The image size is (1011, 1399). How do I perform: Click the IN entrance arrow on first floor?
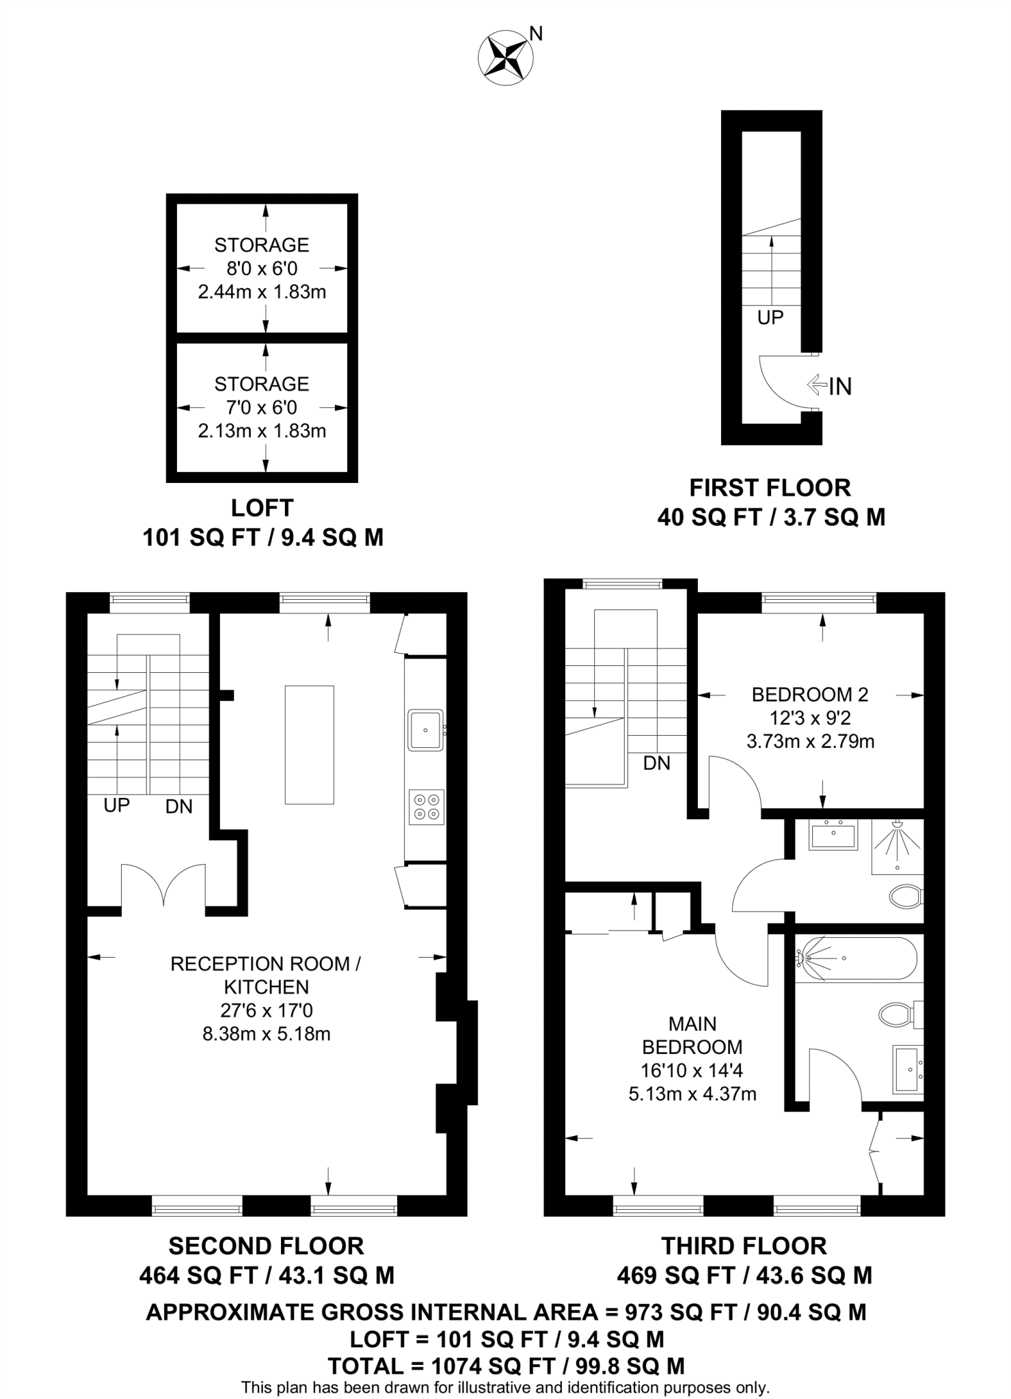(829, 386)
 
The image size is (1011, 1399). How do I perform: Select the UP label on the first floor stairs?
(770, 317)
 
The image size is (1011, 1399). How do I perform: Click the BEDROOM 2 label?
(809, 695)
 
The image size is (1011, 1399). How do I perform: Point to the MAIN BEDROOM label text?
(692, 1035)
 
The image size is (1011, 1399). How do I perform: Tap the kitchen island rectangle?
(309, 745)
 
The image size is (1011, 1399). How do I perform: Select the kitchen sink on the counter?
(426, 730)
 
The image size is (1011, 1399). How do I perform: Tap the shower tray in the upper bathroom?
(897, 846)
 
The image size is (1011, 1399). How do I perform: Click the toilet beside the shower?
(906, 896)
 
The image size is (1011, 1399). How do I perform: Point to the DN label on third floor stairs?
(656, 763)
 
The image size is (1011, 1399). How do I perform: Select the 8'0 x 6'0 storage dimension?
(262, 268)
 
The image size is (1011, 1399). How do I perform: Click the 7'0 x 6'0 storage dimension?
(262, 408)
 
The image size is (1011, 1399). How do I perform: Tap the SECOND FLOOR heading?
(266, 1245)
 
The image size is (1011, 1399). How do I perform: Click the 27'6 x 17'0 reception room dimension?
(266, 1010)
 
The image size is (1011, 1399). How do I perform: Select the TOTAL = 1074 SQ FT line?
(506, 1366)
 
